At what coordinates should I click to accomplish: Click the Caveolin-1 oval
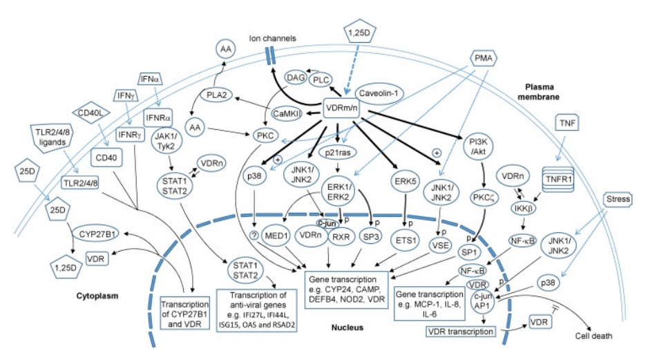tap(379, 93)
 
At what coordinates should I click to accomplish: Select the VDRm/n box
tap(341, 108)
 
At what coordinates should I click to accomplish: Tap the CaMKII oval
tap(287, 113)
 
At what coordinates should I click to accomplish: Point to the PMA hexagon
tap(484, 58)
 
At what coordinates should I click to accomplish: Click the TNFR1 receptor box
tap(558, 180)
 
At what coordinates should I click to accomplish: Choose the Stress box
tap(618, 199)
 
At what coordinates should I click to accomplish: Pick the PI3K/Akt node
tap(478, 146)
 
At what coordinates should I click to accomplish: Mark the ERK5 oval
tap(406, 182)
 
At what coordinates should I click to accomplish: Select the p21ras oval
tap(338, 153)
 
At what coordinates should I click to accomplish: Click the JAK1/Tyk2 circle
tap(166, 141)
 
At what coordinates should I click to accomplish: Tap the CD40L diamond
tap(91, 113)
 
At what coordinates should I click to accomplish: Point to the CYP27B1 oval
tap(97, 234)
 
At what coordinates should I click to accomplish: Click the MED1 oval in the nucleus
tap(276, 236)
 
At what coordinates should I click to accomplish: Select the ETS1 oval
tap(406, 240)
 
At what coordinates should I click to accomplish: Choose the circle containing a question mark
tap(254, 235)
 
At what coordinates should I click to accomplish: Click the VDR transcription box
tap(461, 332)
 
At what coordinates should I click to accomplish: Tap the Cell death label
tap(593, 337)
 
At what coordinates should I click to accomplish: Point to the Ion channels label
tap(272, 38)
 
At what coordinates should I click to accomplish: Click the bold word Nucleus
tap(348, 328)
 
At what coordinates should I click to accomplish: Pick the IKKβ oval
tap(523, 208)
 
